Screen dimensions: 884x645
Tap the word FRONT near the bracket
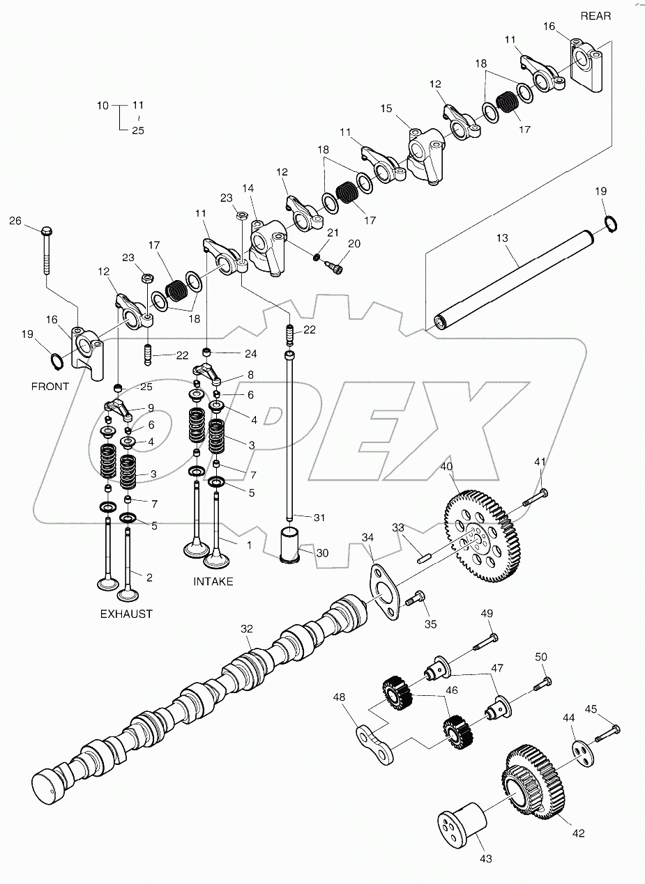coord(50,386)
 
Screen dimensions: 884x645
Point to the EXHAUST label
coord(126,614)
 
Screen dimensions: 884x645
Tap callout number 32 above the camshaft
coord(246,628)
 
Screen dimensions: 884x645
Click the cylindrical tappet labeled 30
coord(290,544)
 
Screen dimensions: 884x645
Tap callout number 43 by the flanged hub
coord(486,858)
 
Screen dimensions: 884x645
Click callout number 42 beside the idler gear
coord(579,832)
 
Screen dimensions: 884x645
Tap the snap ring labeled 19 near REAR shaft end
coord(608,224)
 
